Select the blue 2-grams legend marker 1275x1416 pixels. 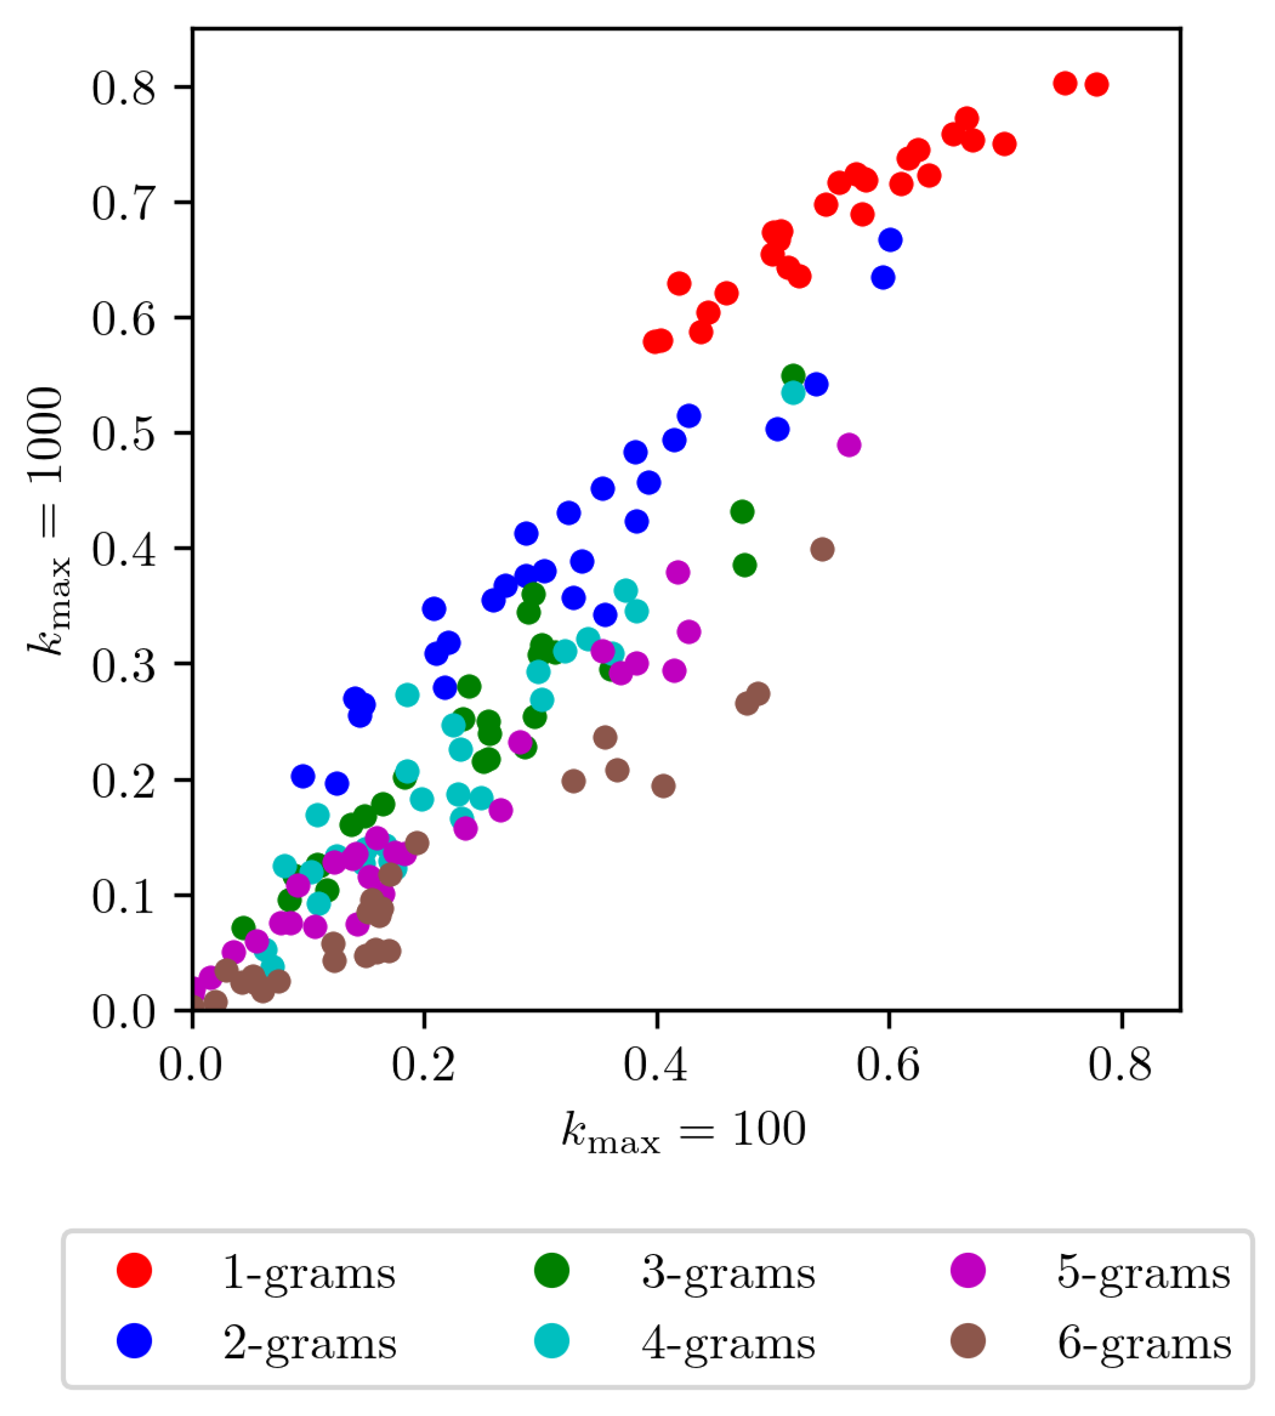[134, 1342]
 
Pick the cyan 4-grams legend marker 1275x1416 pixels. [552, 1342]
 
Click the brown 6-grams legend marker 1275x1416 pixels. [968, 1342]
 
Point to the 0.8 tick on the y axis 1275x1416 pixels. [123, 88]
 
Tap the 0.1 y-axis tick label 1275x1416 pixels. [123, 897]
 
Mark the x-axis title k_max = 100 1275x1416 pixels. [684, 1130]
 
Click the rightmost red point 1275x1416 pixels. [1096, 85]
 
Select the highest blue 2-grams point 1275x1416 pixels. [890, 240]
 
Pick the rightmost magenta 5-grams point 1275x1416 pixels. [849, 444]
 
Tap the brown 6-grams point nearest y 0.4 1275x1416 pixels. [822, 549]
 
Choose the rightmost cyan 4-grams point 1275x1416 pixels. [793, 392]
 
